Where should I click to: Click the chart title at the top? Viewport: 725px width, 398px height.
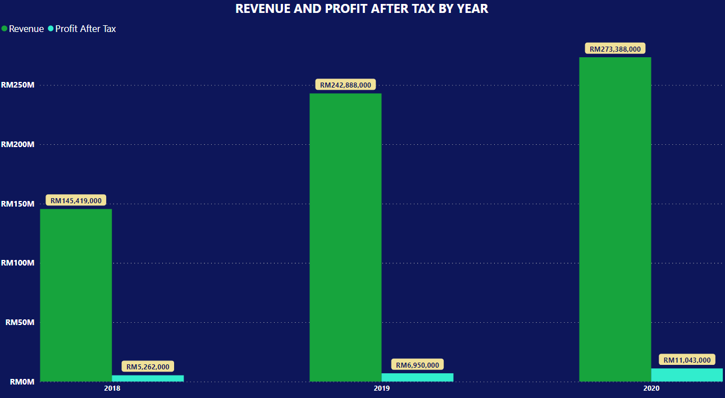tap(362, 8)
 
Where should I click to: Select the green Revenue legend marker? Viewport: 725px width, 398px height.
tap(4, 29)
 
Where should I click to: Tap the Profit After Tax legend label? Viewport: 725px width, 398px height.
tap(85, 29)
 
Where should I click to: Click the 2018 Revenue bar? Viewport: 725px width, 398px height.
tap(76, 295)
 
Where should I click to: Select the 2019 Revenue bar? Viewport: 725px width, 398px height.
tap(345, 237)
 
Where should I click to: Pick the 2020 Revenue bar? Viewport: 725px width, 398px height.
tap(615, 219)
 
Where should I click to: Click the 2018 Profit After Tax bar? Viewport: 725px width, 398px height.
tap(148, 378)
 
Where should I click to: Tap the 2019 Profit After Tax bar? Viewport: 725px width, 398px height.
tap(417, 377)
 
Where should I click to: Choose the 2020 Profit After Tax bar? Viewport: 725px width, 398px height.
tap(687, 375)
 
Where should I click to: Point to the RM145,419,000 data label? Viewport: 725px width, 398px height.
tap(76, 200)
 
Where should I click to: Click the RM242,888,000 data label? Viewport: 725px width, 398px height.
tap(345, 85)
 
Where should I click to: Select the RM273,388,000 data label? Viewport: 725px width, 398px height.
tap(615, 49)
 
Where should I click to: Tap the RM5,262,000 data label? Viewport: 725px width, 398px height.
tap(148, 367)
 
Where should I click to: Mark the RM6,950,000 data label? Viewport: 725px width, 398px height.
tap(417, 365)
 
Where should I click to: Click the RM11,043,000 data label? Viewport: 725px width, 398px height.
tap(687, 360)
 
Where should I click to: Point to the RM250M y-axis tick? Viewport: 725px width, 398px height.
tap(18, 85)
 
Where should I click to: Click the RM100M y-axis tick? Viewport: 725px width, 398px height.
tap(18, 263)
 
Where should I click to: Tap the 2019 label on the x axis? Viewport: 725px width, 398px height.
tap(381, 388)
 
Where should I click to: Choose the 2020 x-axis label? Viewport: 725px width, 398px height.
tap(651, 388)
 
